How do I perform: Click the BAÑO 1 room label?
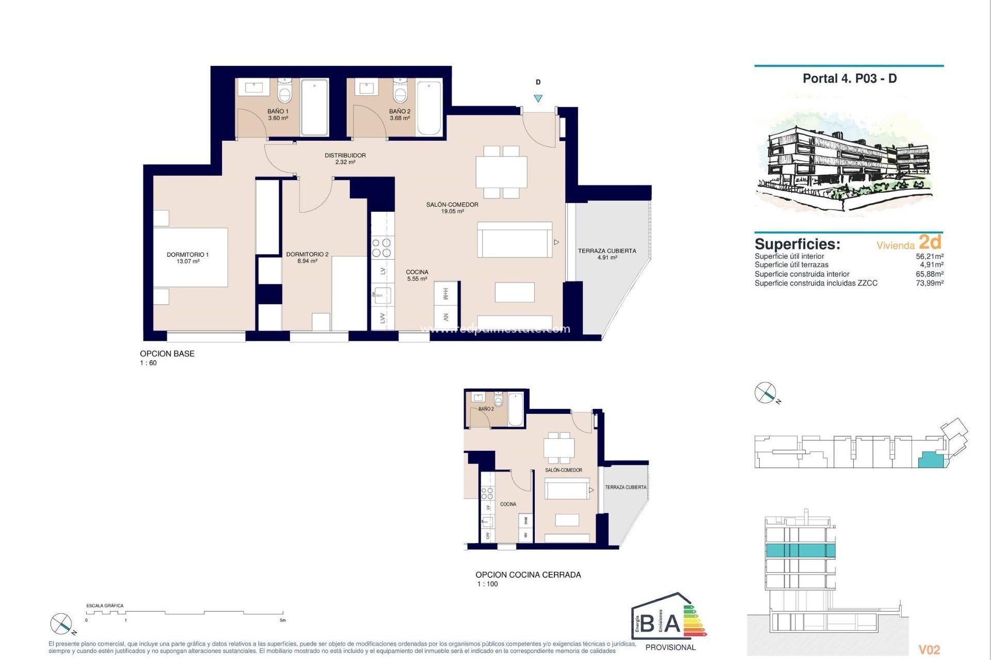278,114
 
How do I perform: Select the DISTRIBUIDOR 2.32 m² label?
345,158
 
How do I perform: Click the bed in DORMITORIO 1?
190,257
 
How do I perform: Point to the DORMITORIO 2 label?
307,257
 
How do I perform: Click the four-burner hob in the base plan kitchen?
382,247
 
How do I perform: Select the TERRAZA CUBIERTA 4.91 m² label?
607,254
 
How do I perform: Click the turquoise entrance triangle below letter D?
538,98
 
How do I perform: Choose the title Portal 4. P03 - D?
850,78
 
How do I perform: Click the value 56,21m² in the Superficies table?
929,256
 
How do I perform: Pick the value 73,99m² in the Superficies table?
929,283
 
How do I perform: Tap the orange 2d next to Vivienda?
930,242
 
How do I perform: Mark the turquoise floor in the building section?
800,550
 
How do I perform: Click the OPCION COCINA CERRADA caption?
528,574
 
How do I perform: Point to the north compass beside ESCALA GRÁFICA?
61,624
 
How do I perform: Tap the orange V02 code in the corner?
929,650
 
